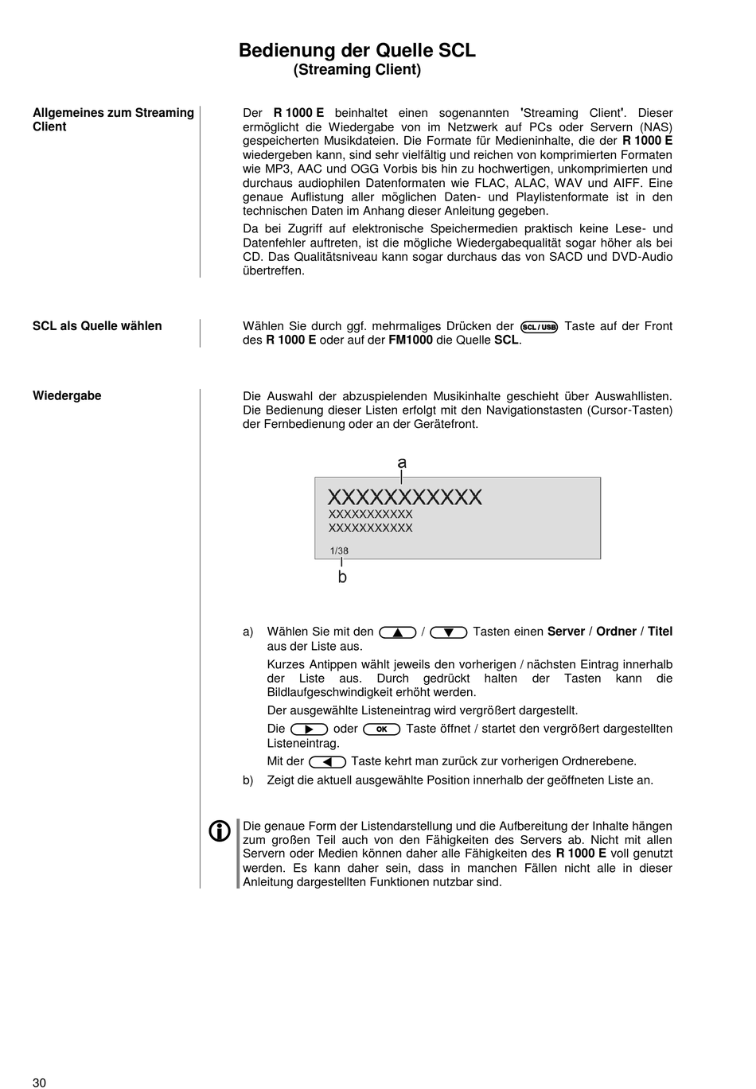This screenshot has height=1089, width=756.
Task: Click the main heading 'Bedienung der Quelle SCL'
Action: (357, 50)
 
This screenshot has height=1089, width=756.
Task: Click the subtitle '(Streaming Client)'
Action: (357, 70)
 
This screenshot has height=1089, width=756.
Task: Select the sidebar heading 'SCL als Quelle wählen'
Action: (97, 326)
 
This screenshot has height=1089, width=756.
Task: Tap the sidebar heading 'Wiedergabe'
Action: (67, 396)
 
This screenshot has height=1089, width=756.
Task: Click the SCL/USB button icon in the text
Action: (539, 327)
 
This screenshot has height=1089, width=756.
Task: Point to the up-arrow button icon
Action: (398, 632)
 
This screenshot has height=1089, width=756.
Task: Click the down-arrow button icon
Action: (448, 632)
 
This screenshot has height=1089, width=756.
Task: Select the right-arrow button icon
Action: (310, 729)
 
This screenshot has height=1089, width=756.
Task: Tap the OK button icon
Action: (381, 729)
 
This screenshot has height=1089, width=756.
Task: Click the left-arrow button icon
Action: (327, 762)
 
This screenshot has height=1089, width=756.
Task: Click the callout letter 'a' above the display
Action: (402, 463)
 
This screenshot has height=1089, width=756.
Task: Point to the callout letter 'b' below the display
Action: (342, 578)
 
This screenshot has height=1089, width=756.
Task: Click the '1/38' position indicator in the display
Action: (339, 550)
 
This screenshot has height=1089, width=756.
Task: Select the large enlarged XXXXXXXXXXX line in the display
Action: (404, 498)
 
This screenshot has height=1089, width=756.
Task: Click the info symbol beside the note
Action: (220, 831)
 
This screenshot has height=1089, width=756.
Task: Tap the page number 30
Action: (40, 1082)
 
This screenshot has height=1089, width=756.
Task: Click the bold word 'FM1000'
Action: (411, 340)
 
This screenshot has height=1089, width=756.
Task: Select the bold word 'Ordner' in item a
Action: (616, 632)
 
